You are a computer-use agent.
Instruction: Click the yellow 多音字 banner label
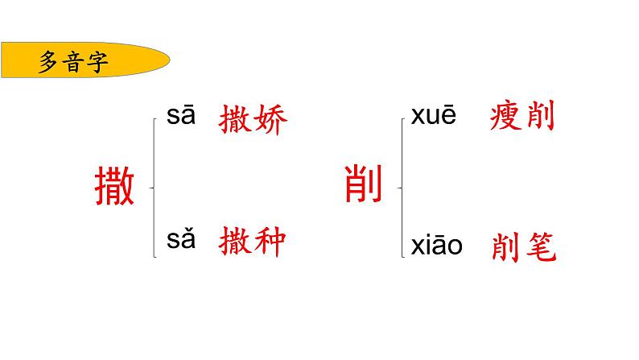(x=80, y=62)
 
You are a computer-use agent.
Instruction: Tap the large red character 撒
(x=113, y=187)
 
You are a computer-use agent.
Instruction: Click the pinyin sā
(x=181, y=116)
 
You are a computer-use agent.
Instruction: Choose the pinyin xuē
(x=434, y=116)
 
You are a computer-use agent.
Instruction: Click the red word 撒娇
(x=254, y=121)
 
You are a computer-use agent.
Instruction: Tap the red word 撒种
(x=254, y=242)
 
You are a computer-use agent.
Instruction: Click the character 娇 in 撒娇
(x=271, y=121)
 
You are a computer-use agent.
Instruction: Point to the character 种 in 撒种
(x=271, y=242)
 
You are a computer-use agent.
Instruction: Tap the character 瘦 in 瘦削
(x=506, y=118)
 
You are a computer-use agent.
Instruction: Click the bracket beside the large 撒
(x=154, y=188)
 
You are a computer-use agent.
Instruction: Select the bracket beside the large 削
(x=402, y=188)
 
